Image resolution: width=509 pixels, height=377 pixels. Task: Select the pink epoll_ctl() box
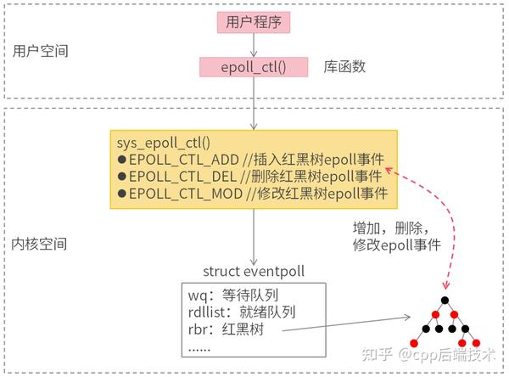(253, 67)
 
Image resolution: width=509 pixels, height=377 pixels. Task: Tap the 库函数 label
(344, 67)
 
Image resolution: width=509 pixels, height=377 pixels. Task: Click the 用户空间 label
(41, 52)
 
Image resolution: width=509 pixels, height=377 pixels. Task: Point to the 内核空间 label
(41, 244)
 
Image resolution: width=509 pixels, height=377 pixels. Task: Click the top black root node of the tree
(443, 301)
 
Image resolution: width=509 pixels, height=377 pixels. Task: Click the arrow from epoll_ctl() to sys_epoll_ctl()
(252, 104)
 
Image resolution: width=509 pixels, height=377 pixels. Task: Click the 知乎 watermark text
(375, 352)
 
